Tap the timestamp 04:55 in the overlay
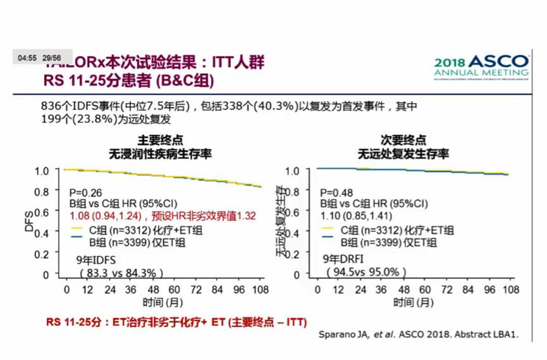tap(27, 58)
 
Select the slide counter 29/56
tap(52, 58)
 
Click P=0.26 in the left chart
tap(85, 192)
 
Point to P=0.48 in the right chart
tap(336, 192)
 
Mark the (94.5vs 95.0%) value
tap(366, 272)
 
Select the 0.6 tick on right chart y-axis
tap(292, 213)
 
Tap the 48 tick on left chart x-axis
tap(152, 290)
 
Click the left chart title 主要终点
tap(161, 140)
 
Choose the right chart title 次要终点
tap(403, 140)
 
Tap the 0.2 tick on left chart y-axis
tap(42, 254)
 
